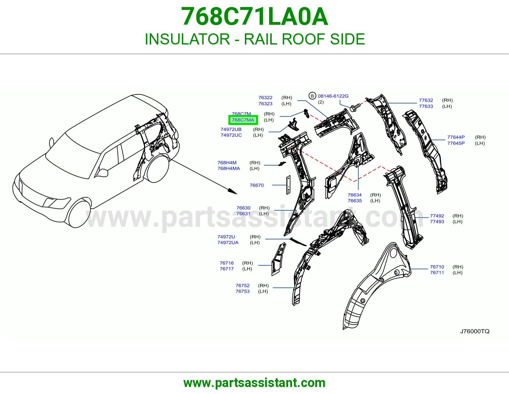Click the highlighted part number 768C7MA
[243, 120]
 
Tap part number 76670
[257, 185]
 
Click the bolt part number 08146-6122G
[333, 96]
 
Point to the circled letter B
[312, 96]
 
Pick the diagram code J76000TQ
[475, 331]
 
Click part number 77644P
[456, 137]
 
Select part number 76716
[227, 263]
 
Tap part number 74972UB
[231, 129]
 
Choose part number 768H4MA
[229, 168]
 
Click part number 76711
[437, 273]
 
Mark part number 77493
[437, 221]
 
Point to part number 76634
[355, 195]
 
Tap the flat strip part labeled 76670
[289, 185]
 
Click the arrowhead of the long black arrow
[233, 191]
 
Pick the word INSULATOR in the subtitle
[187, 39]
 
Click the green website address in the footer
[254, 383]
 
